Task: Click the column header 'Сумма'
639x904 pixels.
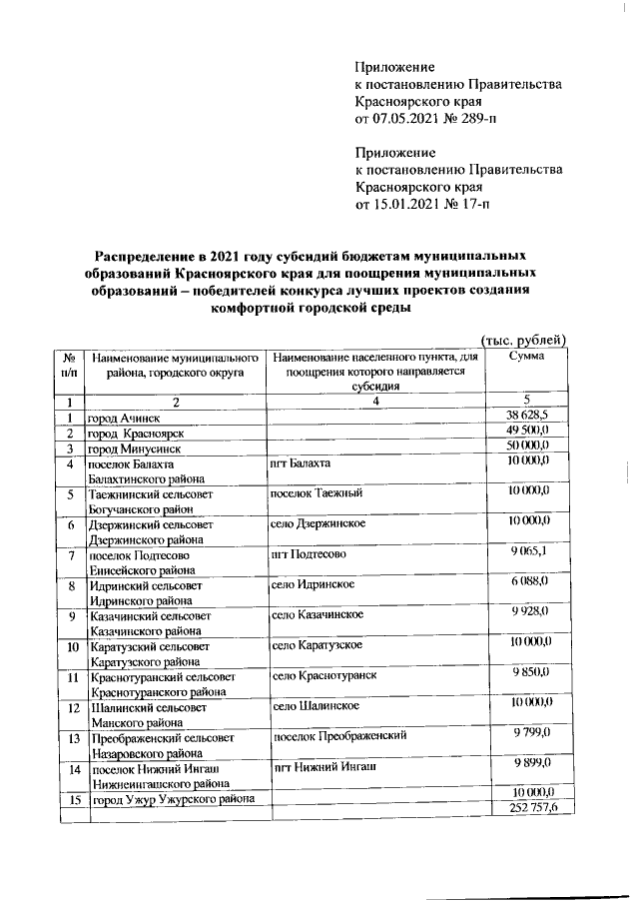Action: (526, 357)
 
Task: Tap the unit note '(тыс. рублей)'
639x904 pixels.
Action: (523, 340)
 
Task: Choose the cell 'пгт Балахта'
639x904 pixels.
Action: (301, 464)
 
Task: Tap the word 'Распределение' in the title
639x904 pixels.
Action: (145, 255)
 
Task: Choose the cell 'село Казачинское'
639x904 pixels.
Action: (317, 613)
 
